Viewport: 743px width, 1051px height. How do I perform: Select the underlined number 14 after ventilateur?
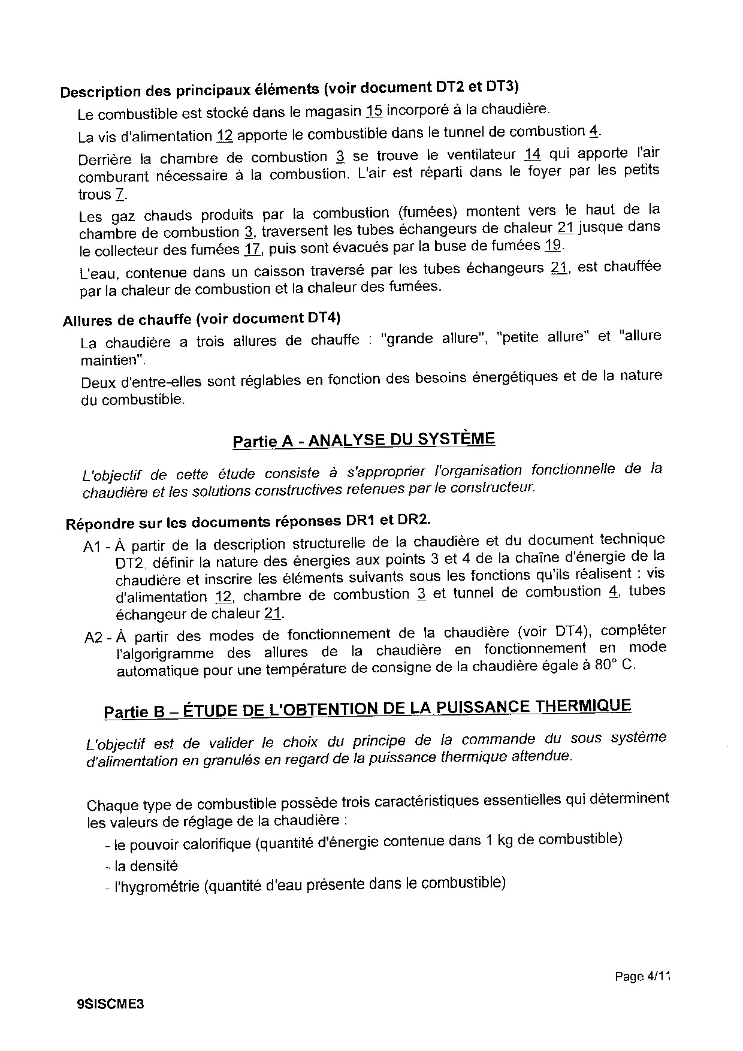click(532, 154)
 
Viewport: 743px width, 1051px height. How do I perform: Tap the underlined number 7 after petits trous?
click(120, 194)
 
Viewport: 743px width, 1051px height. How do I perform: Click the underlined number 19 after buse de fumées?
click(553, 245)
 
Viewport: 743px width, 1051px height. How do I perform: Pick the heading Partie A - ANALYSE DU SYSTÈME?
click(364, 440)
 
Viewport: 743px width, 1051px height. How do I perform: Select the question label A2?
click(94, 637)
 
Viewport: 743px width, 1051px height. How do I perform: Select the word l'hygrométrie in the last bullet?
click(156, 886)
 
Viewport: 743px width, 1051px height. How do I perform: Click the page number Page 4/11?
click(642, 976)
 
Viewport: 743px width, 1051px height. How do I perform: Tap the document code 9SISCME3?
click(111, 1005)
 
